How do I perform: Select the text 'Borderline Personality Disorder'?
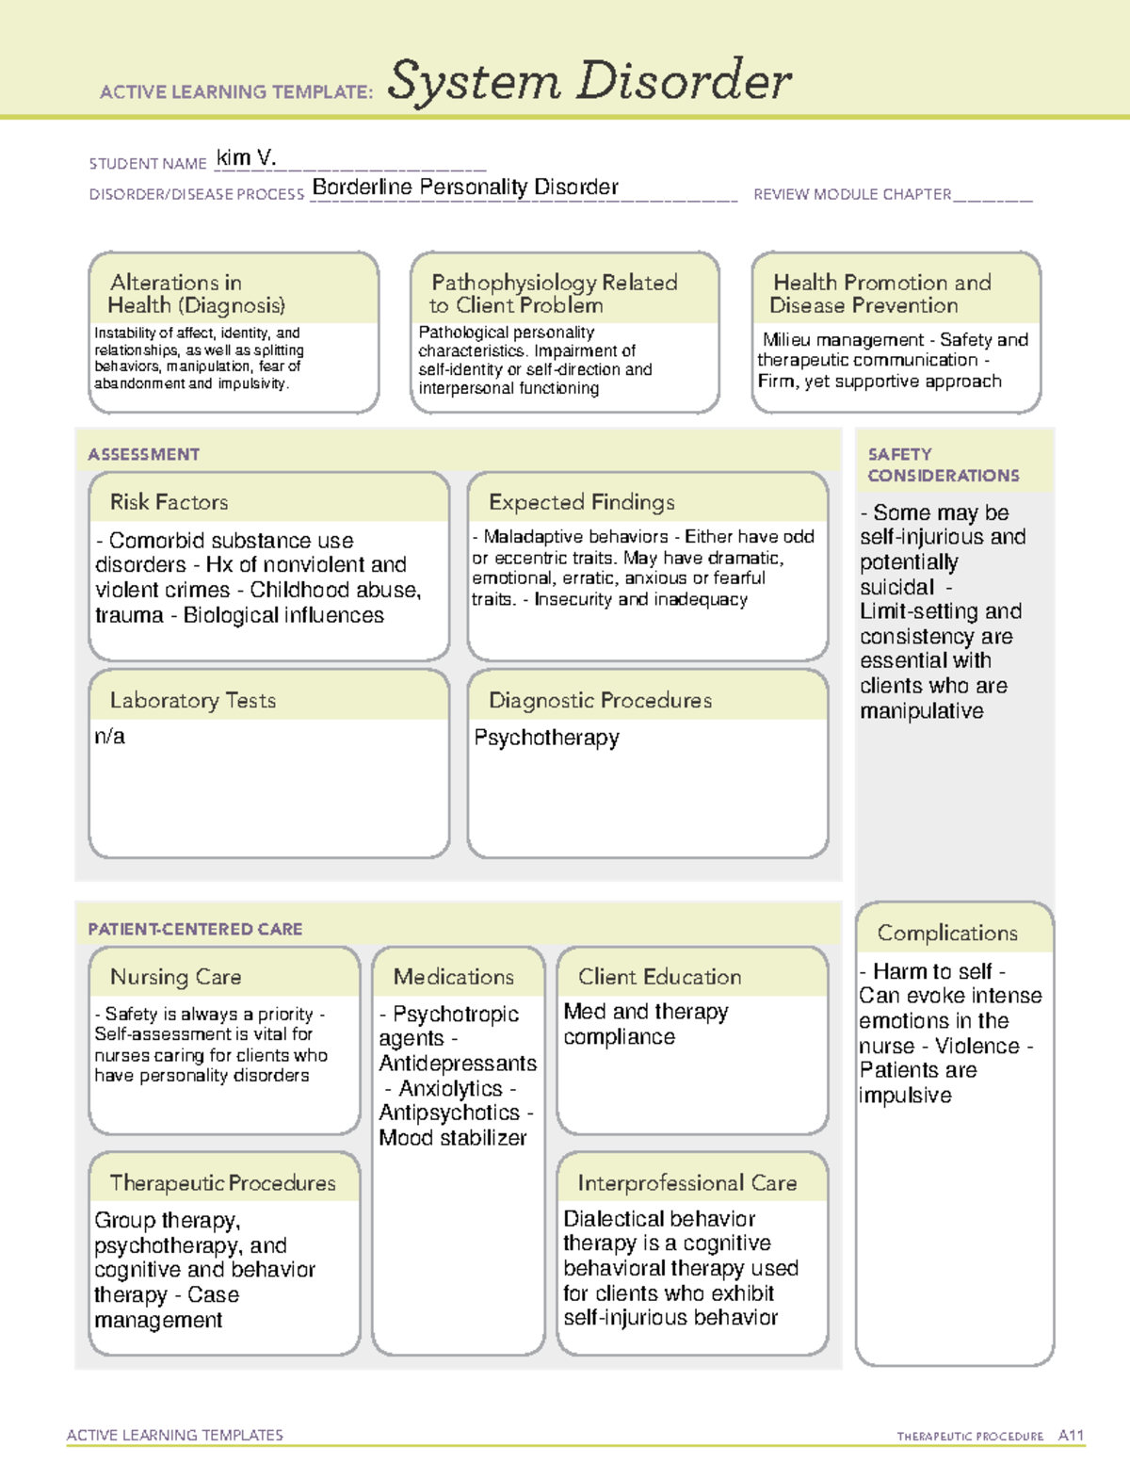[465, 187]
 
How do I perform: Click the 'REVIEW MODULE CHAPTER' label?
[852, 195]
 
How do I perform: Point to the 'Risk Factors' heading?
[169, 502]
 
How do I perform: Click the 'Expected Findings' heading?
[581, 502]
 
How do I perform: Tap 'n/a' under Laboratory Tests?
[109, 737]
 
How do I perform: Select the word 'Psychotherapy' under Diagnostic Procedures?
[546, 738]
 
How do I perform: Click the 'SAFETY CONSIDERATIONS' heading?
[943, 465]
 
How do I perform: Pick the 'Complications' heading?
[947, 933]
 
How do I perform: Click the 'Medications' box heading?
[453, 977]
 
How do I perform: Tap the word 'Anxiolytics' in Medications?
[450, 1089]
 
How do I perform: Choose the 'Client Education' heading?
[659, 977]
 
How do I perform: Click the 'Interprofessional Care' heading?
[686, 1183]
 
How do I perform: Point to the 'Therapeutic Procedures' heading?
[222, 1183]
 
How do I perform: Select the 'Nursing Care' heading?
[175, 977]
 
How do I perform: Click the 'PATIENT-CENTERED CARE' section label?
[195, 929]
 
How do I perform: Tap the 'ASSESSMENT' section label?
[143, 454]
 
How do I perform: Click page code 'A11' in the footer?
[1071, 1436]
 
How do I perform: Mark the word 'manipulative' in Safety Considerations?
[921, 711]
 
